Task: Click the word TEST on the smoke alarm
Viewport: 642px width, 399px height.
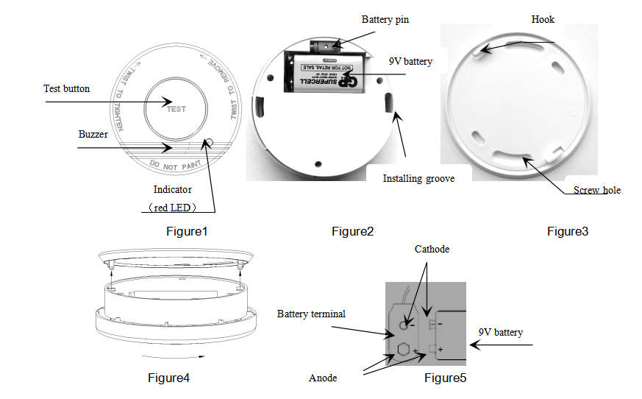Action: click(176, 109)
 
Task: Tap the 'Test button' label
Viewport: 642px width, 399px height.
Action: click(66, 89)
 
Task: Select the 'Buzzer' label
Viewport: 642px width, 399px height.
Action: click(93, 135)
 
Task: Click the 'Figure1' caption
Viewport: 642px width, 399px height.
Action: click(187, 232)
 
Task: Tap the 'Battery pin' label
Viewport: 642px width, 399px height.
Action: click(385, 20)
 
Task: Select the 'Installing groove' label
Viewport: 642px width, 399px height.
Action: click(418, 178)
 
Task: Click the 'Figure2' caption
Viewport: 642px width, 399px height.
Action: click(352, 232)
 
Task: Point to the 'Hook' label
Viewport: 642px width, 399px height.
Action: click(543, 20)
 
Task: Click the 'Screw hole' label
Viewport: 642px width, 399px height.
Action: click(597, 191)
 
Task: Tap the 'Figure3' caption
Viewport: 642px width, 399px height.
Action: click(568, 232)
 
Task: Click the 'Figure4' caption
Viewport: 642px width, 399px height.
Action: click(168, 378)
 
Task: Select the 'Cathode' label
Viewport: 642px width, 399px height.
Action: click(431, 250)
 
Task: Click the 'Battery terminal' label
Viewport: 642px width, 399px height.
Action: click(311, 314)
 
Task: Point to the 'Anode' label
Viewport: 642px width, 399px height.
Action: click(323, 378)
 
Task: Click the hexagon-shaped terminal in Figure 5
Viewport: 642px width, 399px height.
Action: click(402, 349)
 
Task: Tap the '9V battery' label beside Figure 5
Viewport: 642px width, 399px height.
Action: click(500, 333)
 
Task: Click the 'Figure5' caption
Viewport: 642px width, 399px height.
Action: click(445, 378)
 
